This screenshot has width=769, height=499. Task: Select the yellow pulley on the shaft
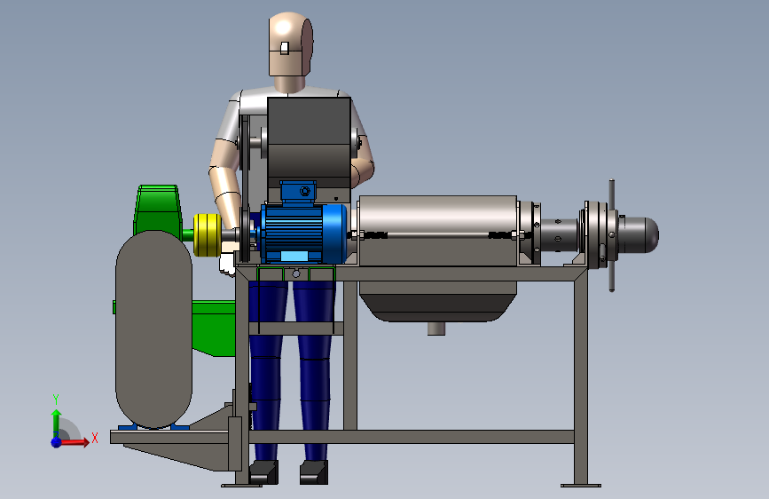point(208,234)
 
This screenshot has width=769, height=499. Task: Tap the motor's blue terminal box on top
point(298,192)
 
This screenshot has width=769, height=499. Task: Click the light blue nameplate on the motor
point(294,257)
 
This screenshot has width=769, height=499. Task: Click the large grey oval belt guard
point(153,329)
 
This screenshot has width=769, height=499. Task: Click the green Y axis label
point(56,400)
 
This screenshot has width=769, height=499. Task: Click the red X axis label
point(95,438)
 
